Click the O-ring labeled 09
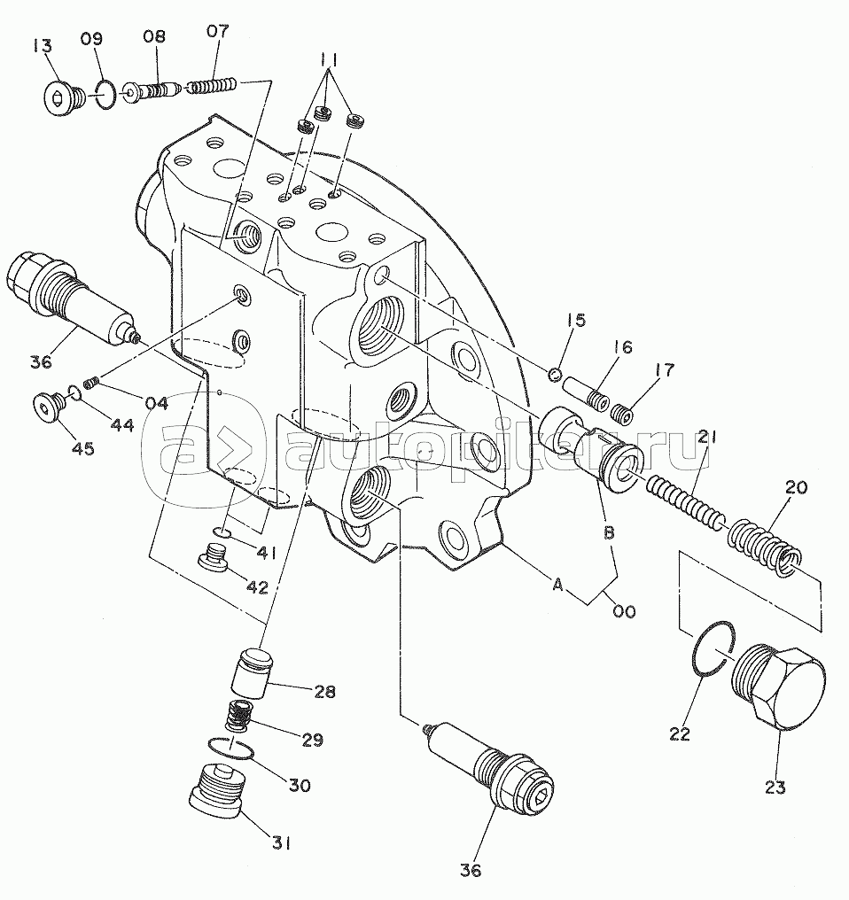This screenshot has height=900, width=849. [105, 93]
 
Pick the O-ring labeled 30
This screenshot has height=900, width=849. [232, 749]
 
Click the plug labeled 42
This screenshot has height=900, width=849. [213, 560]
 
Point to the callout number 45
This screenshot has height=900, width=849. [82, 448]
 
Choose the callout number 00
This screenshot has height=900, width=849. [624, 611]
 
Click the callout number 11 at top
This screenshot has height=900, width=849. [331, 60]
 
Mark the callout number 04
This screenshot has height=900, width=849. [156, 403]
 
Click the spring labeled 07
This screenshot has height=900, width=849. [214, 87]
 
